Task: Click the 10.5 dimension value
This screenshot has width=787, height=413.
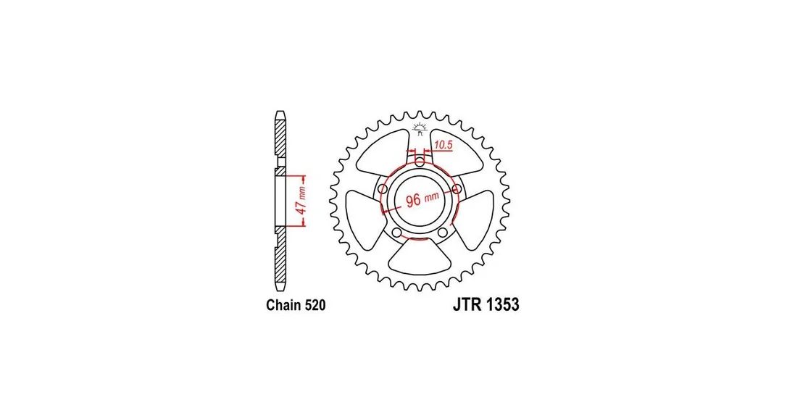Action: tap(444, 146)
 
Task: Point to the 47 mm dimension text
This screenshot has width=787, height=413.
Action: tap(301, 201)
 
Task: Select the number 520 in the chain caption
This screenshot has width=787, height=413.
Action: tap(315, 305)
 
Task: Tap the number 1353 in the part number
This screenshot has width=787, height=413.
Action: tap(502, 304)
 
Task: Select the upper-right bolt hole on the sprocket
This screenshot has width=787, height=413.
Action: tap(457, 188)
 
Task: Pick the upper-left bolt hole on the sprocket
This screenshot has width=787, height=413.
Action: tap(383, 188)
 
